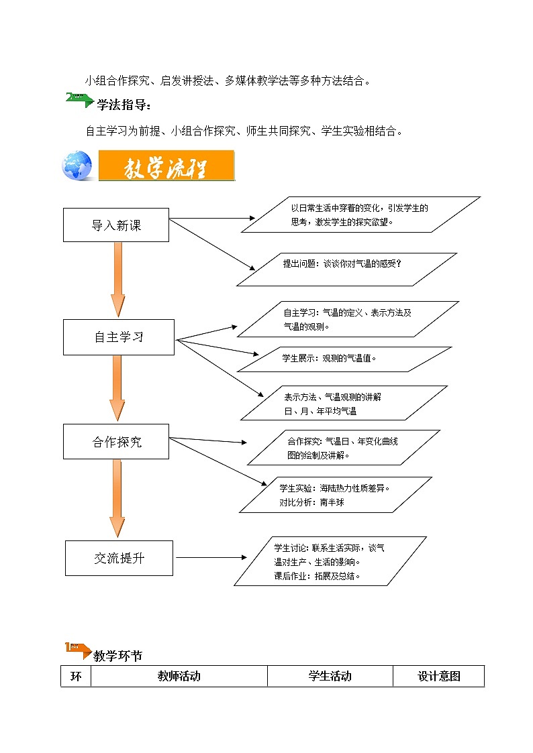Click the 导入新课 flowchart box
[115, 225]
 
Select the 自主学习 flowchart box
[119, 337]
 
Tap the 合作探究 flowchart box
[117, 442]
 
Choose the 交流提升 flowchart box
[119, 558]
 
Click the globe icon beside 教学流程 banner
[77, 166]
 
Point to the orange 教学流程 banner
[166, 166]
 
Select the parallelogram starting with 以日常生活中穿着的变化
[360, 215]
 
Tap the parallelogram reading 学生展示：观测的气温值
[344, 359]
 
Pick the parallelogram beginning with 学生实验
[336, 495]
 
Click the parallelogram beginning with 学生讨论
[330, 561]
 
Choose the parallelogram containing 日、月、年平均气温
[344, 403]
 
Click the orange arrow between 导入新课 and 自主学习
[118, 279]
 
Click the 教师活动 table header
[179, 677]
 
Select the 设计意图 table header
[439, 677]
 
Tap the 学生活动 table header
[330, 677]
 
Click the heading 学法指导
[124, 105]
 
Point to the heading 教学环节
[117, 656]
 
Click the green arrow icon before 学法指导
[79, 99]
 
